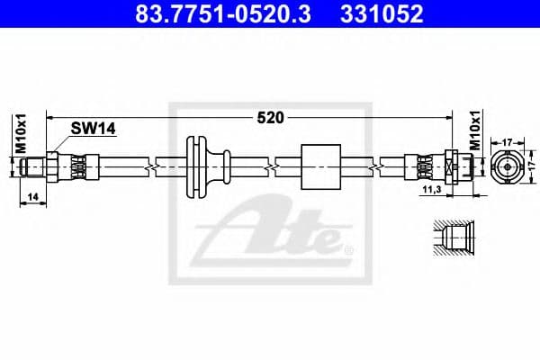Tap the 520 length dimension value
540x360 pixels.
pos(270,117)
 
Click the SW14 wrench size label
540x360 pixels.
pos(96,130)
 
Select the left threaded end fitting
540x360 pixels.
pos(36,166)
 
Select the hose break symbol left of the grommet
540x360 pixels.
pos(154,166)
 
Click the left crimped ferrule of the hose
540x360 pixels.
pos(79,166)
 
